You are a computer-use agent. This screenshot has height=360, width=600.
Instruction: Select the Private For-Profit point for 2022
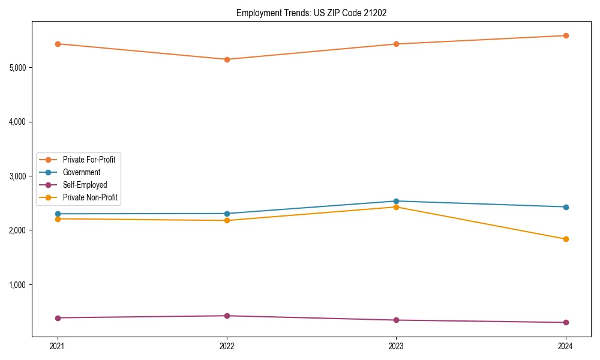point(227,59)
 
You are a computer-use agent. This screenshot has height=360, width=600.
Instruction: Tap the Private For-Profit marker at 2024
point(565,35)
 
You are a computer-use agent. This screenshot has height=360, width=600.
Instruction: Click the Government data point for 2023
point(396,201)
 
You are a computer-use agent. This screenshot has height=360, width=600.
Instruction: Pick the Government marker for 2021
point(58,214)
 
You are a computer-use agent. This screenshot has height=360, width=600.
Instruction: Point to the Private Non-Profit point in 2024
point(565,239)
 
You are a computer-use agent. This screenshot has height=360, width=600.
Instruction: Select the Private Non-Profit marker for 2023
point(396,207)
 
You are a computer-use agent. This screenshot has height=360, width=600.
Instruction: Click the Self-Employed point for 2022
point(227,316)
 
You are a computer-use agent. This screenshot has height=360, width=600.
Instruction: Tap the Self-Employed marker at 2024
point(565,322)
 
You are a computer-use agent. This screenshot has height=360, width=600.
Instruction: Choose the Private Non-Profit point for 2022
point(227,220)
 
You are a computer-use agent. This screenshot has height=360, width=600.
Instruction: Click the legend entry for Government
point(81,172)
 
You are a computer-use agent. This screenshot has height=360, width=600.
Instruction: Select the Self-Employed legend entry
point(85,185)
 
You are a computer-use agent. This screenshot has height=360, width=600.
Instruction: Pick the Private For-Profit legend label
point(89,160)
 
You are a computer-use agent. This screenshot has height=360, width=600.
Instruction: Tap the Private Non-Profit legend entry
point(90,197)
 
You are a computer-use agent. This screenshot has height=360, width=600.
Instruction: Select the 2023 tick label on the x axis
point(396,346)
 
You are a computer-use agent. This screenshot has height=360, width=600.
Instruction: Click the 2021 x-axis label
point(58,346)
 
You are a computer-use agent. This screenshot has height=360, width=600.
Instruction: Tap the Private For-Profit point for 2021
point(58,44)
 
